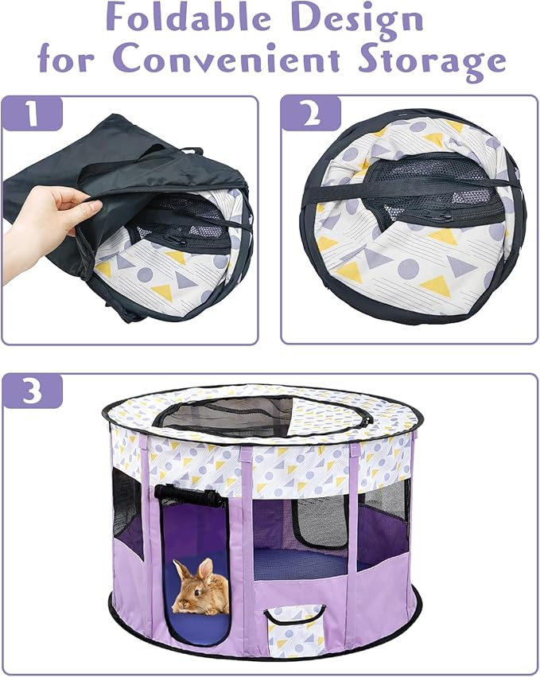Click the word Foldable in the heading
coord(180,18)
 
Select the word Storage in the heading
coord(432,63)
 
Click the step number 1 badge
coord(33,114)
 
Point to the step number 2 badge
coord(312,114)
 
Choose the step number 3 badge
coord(33,391)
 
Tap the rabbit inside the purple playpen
coord(201,587)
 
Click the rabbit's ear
coord(206,570)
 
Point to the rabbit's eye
coord(196,592)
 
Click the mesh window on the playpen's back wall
coord(321,523)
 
